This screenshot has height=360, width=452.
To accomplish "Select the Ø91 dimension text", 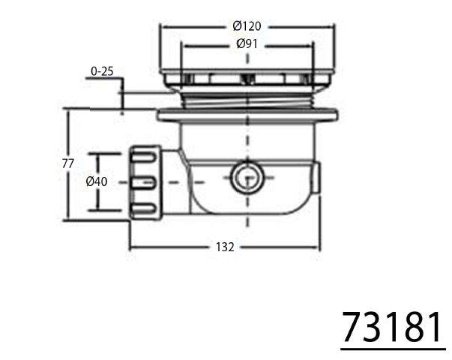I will point(247,43).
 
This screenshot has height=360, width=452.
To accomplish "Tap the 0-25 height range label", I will point(102,71).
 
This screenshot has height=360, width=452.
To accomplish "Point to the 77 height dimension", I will point(67,163).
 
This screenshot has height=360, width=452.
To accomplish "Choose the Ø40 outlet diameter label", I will point(97,181).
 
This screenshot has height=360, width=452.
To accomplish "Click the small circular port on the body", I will point(244,178).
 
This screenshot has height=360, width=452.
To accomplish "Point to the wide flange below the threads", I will point(247,116).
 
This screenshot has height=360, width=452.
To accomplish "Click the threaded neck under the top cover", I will point(247,98).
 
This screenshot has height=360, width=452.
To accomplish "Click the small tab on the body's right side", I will point(319,176).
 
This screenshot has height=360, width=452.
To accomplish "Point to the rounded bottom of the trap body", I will point(247,208).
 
